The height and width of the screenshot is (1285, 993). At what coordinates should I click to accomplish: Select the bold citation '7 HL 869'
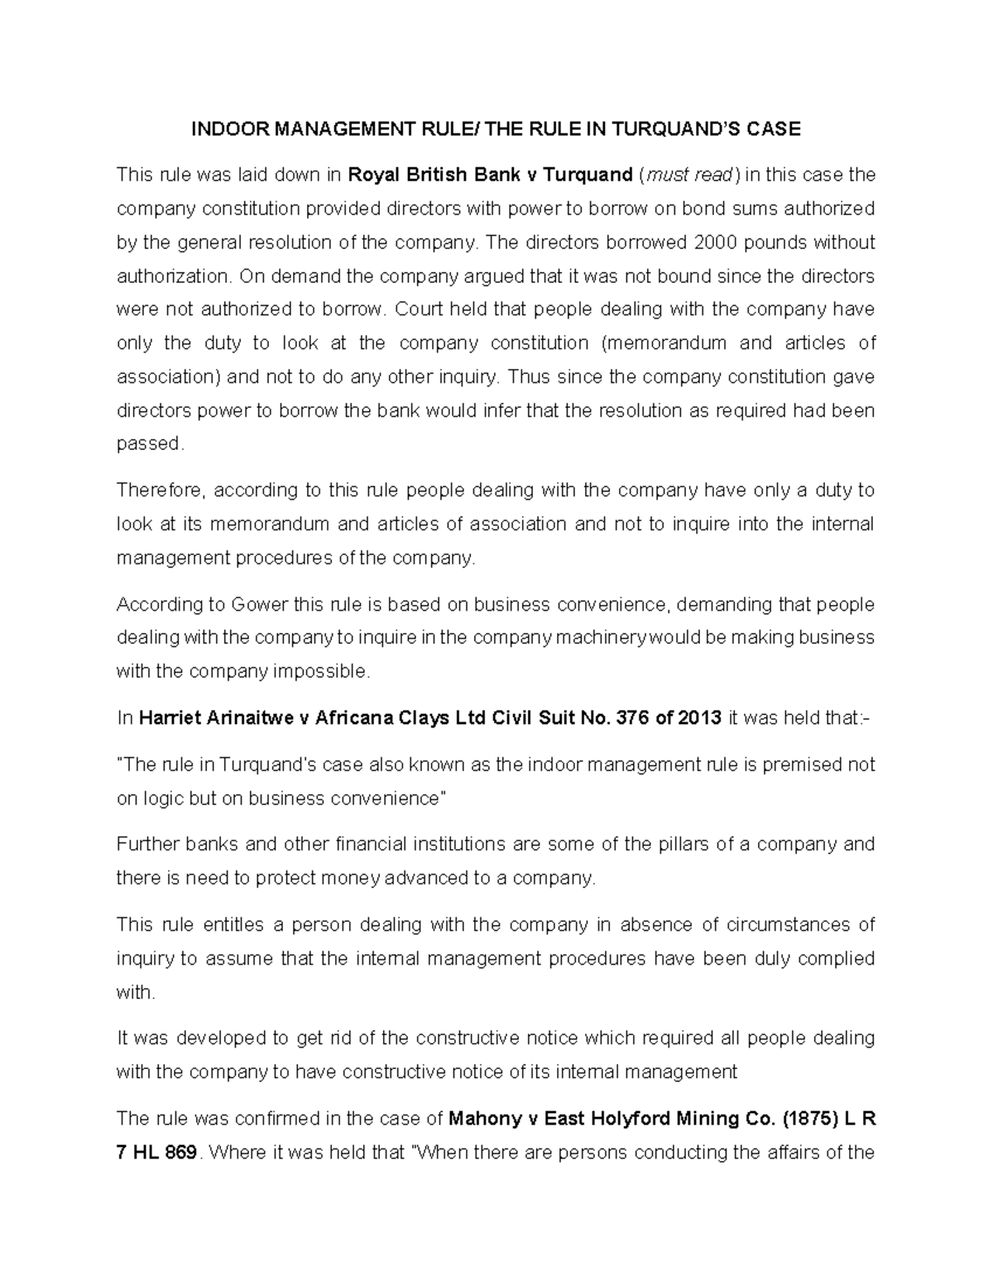pyautogui.click(x=156, y=1153)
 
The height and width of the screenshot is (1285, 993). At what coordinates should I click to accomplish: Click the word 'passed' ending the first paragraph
pyautogui.click(x=147, y=444)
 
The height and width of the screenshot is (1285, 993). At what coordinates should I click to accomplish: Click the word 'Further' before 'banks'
pyautogui.click(x=146, y=844)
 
